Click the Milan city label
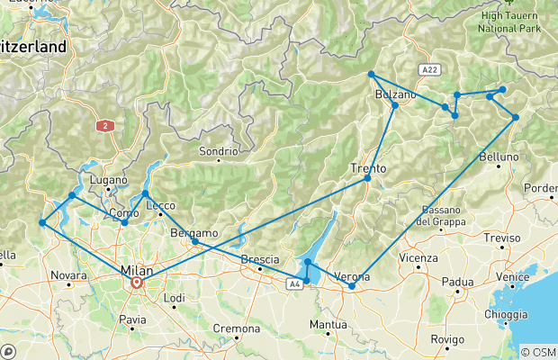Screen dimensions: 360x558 pyautogui.click(x=137, y=270)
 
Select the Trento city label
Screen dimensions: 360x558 pyautogui.click(x=368, y=167)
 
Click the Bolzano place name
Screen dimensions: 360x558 pyautogui.click(x=395, y=94)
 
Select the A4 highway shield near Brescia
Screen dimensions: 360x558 pyautogui.click(x=294, y=284)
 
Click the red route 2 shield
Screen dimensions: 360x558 pyautogui.click(x=106, y=126)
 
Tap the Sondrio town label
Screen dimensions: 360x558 pyautogui.click(x=219, y=151)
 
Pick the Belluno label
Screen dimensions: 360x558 pyautogui.click(x=499, y=157)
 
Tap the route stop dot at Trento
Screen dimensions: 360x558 pyautogui.click(x=367, y=178)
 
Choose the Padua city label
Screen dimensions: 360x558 pyautogui.click(x=458, y=281)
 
